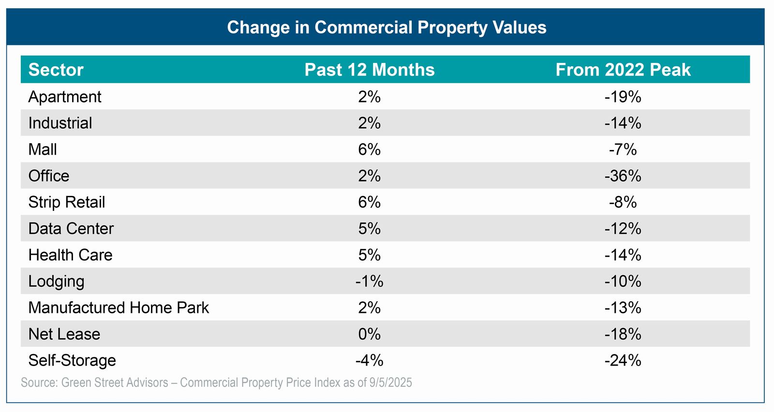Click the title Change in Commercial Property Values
[x=387, y=28]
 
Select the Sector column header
[x=56, y=70]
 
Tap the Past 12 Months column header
[x=370, y=70]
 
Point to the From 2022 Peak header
[x=623, y=70]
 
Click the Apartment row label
[x=65, y=97]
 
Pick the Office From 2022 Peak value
[x=623, y=176]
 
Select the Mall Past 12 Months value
[x=370, y=149]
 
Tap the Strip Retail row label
[x=67, y=202]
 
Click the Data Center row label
[x=71, y=228]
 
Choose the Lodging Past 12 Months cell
[x=370, y=281]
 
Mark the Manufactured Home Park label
[x=119, y=308]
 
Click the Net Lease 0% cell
[x=370, y=334]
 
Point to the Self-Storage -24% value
[x=623, y=360]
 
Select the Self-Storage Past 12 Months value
[x=370, y=360]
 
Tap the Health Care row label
[x=71, y=255]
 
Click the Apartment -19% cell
[x=623, y=97]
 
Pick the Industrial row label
[x=60, y=123]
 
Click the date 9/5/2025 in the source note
[x=391, y=383]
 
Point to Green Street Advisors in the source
[x=115, y=383]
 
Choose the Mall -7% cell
[x=623, y=149]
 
